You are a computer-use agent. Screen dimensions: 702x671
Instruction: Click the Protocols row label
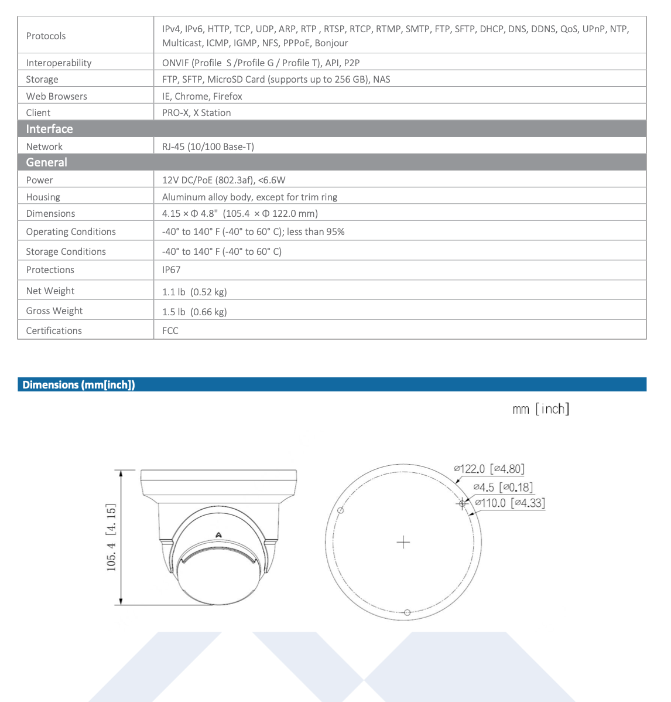(x=46, y=36)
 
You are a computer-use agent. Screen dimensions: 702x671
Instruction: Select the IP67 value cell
(x=171, y=270)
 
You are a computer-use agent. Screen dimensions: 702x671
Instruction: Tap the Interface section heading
(x=49, y=129)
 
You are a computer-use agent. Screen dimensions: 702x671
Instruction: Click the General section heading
(x=46, y=162)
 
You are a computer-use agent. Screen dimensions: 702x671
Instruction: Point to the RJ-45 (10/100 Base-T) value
(x=208, y=146)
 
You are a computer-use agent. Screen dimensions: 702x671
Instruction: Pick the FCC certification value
(x=170, y=330)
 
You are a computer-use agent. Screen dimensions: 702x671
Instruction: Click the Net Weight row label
(x=50, y=291)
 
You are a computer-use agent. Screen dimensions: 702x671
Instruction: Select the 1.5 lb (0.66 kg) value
(x=194, y=312)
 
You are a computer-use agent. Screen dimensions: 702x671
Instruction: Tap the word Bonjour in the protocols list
(x=331, y=43)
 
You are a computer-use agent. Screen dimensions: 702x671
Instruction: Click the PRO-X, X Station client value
(x=196, y=113)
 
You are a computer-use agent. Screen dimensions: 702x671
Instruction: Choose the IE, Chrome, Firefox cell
(x=202, y=96)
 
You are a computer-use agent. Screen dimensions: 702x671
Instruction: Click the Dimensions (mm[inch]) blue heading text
(x=78, y=385)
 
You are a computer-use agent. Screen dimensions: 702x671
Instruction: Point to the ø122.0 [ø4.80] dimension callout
(x=489, y=469)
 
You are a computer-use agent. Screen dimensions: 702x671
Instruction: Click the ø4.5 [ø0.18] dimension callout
(x=503, y=487)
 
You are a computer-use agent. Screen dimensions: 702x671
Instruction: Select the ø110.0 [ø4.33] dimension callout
(x=510, y=503)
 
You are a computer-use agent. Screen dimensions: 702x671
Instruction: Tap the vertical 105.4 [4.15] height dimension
(x=111, y=537)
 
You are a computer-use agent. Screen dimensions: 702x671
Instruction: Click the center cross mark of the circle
(x=403, y=542)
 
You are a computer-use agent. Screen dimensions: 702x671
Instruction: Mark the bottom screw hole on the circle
(x=407, y=612)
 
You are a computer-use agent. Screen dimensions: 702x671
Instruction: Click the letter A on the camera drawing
(x=218, y=534)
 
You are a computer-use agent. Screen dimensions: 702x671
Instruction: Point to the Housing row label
(x=43, y=197)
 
